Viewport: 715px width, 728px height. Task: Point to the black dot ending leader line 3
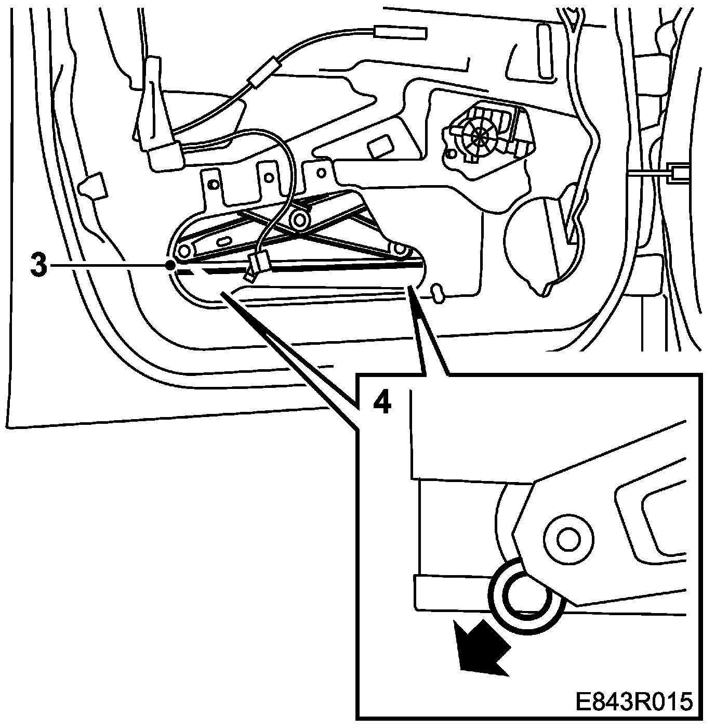click(x=170, y=266)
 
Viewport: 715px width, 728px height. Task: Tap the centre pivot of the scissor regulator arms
click(x=300, y=220)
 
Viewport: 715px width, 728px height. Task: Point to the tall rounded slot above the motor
click(x=546, y=52)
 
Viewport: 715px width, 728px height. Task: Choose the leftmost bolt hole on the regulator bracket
click(x=212, y=184)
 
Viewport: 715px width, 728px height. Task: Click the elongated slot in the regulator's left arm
click(x=224, y=241)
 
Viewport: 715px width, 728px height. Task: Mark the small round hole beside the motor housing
click(x=450, y=154)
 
